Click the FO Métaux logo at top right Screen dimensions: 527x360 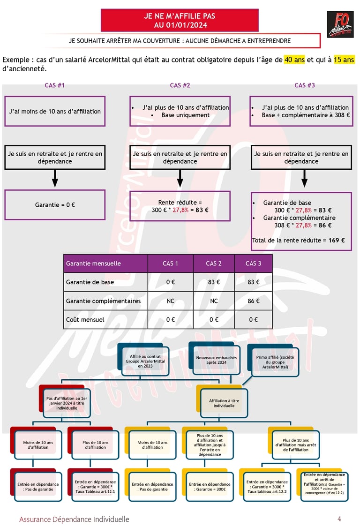340,24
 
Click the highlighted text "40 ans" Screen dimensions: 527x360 294,60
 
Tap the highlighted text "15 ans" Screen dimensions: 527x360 344,60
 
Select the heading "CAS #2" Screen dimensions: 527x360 180,85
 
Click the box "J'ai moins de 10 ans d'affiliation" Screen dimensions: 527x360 55,111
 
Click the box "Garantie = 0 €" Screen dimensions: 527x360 55,205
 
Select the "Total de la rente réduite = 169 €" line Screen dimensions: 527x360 298,241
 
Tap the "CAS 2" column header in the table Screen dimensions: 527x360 214,263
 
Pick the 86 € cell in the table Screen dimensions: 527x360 253,301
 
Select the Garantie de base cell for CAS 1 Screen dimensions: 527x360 170,282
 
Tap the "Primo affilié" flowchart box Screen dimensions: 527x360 275,362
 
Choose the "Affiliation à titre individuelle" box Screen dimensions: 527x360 220,403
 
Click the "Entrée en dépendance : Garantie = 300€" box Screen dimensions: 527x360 210,487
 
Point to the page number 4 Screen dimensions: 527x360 339,519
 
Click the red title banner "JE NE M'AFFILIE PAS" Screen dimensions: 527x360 180,21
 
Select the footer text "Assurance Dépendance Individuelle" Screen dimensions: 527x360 74,519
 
